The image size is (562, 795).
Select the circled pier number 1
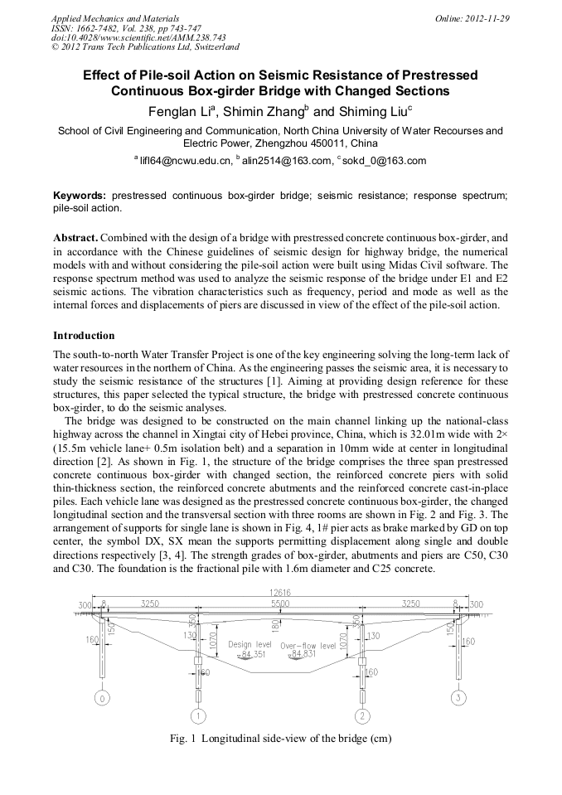(x=198, y=715)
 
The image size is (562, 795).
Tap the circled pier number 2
(x=362, y=715)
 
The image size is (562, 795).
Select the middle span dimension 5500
(x=280, y=605)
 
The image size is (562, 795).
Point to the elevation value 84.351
(x=252, y=654)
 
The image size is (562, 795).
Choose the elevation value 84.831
(x=308, y=654)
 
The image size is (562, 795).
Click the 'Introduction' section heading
(x=84, y=336)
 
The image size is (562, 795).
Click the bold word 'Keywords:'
(x=80, y=195)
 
